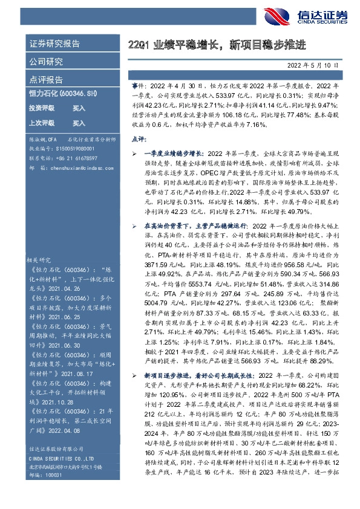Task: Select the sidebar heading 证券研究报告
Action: [x=54, y=44]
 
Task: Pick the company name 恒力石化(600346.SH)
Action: [x=63, y=94]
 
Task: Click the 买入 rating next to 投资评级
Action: [x=79, y=108]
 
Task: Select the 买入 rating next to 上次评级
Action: [x=79, y=123]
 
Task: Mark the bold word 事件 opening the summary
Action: [x=139, y=88]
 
